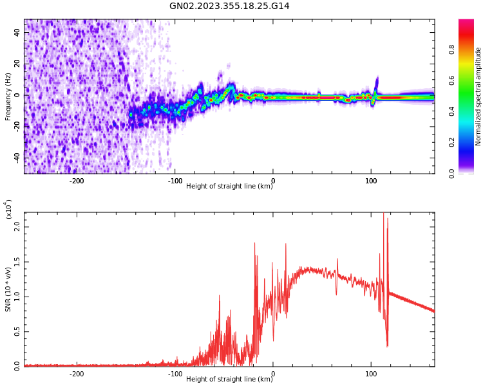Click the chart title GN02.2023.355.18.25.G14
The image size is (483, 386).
tap(229, 6)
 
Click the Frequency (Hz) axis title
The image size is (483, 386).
tap(8, 96)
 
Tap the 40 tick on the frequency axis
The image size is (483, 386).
tap(18, 33)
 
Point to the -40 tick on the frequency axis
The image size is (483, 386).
tap(17, 158)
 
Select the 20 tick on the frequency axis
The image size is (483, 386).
tap(18, 64)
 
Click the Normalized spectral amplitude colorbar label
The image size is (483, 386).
tap(478, 96)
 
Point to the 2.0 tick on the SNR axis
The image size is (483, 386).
tap(17, 226)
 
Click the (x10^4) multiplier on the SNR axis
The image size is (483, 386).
tap(8, 208)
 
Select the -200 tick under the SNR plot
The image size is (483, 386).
tap(77, 373)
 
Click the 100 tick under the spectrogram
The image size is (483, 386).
tap(371, 181)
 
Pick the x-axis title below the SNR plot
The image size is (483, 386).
tap(229, 380)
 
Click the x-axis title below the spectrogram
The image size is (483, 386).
tap(229, 187)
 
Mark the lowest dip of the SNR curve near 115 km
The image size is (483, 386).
tap(387, 346)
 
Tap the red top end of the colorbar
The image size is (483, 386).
tap(466, 22)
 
